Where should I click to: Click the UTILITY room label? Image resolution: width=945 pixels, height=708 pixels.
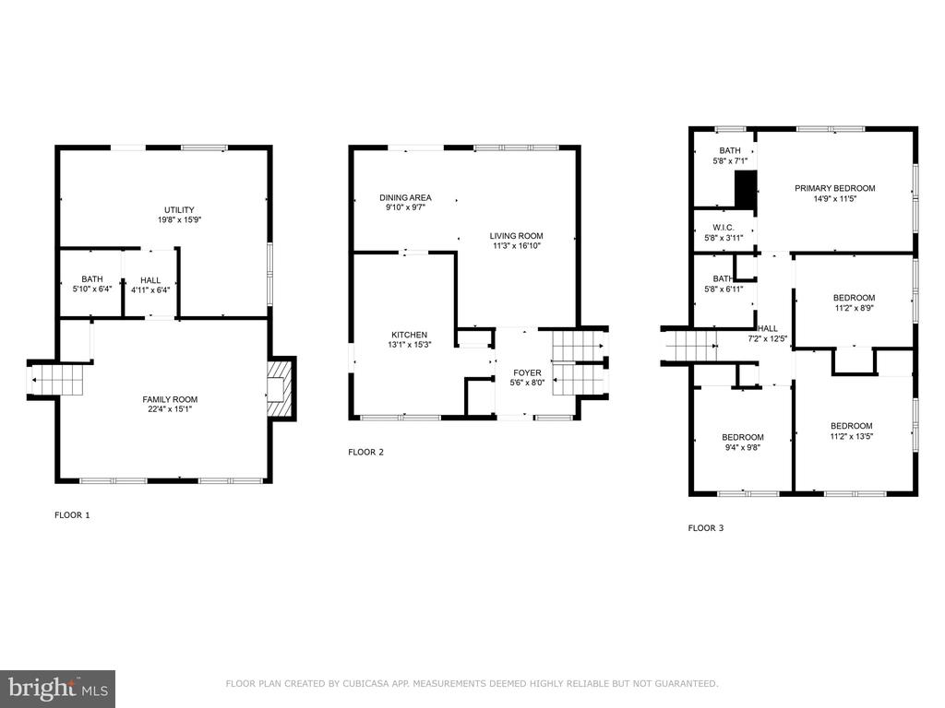pos(180,210)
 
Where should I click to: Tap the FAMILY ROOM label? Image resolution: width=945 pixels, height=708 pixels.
pos(170,399)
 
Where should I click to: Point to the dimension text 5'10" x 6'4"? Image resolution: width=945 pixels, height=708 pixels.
pos(92,289)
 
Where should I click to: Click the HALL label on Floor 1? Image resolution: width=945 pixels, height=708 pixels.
pos(150,280)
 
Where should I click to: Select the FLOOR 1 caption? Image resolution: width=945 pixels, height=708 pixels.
pos(72,514)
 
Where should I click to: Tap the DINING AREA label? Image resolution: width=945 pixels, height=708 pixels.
pos(406,197)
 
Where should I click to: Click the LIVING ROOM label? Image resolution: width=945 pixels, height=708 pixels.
pos(517,236)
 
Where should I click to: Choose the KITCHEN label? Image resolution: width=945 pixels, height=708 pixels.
pos(409,335)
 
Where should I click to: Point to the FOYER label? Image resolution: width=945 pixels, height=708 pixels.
pos(527,372)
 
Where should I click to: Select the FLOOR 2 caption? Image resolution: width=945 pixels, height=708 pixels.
pos(365,452)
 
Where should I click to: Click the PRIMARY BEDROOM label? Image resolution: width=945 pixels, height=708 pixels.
pos(834,188)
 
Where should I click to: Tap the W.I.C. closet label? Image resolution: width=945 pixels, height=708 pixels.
pos(724,228)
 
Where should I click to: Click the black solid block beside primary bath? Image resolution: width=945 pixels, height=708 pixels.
pos(746,190)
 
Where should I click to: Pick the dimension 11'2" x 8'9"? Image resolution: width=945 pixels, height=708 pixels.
pos(854,308)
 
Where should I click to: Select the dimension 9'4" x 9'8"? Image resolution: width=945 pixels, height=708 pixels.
pos(743,447)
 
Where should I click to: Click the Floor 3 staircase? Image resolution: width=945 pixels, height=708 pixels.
pos(690,347)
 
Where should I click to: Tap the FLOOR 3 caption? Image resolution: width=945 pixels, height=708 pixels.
pos(706,528)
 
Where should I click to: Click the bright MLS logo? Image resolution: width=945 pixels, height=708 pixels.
pos(58,689)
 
